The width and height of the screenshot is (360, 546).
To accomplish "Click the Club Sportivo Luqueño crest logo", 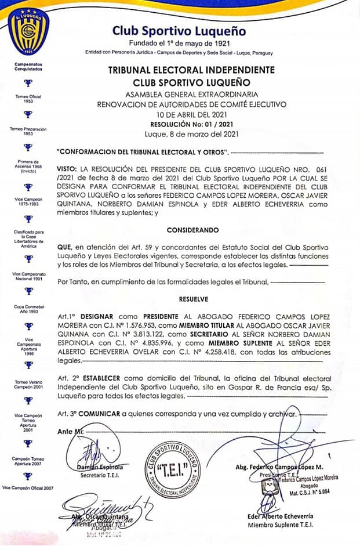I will tap(28, 29).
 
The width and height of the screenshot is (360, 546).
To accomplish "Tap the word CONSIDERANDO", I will tap(192, 230).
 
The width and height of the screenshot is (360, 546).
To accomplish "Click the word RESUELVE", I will tap(192, 299).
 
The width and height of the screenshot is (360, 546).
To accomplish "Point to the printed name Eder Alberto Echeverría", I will tap(281, 515).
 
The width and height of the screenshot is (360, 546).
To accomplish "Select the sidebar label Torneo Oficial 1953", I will tap(28, 99).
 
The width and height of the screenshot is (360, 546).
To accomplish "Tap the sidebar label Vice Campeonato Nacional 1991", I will tap(28, 276).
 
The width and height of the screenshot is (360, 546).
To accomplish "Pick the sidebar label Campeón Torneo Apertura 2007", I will tap(28, 461).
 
